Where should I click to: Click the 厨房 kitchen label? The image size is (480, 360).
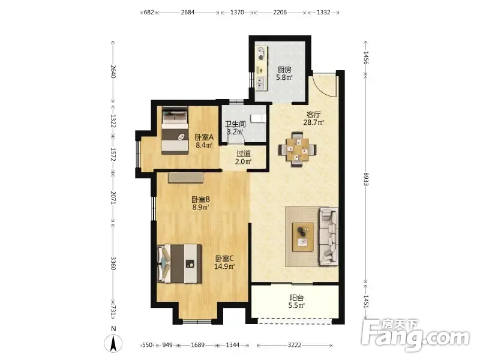point(284,70)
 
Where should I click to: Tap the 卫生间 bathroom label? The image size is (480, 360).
point(235,124)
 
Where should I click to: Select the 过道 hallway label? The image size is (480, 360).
point(244,154)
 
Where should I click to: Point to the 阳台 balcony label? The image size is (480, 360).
point(296,298)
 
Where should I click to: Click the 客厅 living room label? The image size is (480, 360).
point(313,115)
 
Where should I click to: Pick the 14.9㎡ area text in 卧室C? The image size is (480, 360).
point(224,266)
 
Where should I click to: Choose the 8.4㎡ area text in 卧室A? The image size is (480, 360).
point(204,145)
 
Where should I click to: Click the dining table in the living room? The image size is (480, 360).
point(297,149)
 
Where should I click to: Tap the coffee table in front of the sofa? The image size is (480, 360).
point(303,237)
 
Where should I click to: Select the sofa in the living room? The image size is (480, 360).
point(329,236)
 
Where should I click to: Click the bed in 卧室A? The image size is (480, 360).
point(175,130)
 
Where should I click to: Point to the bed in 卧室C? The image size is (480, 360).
point(179,263)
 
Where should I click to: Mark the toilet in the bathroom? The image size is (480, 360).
point(258,118)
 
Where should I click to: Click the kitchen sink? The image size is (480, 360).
point(261,83)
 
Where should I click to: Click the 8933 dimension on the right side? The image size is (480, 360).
point(366,179)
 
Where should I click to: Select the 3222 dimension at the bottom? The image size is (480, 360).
point(295,346)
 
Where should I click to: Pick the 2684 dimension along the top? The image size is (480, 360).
point(188,13)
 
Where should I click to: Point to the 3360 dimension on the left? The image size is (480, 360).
point(113,263)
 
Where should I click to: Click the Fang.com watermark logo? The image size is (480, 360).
point(415,335)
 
